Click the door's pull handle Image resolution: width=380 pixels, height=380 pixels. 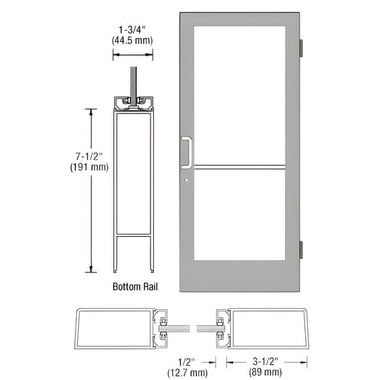pos(187,150)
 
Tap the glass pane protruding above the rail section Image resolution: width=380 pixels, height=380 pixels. pos(133,80)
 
